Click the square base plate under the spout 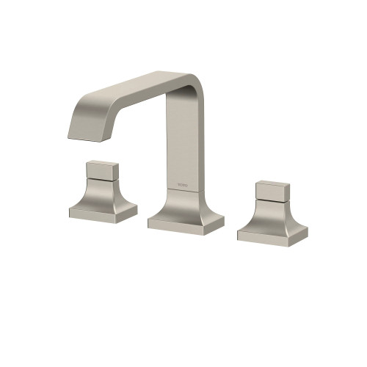click(x=185, y=222)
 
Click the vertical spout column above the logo click(x=182, y=139)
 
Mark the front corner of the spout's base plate click(x=189, y=233)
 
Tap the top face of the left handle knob click(x=101, y=163)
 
